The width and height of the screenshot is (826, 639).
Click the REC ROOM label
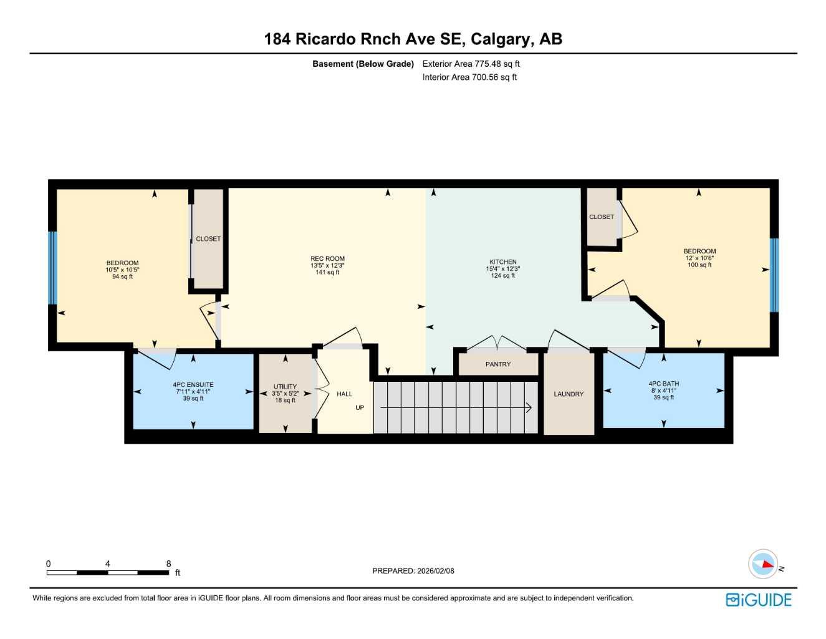point(327,258)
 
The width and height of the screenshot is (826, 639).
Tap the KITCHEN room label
point(502,262)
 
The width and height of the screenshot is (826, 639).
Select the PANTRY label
point(498,364)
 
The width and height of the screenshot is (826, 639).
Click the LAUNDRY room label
point(569,394)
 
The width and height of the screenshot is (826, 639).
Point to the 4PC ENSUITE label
point(193,385)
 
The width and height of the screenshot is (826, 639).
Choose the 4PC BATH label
point(663,384)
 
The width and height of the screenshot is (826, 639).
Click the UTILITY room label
point(285,387)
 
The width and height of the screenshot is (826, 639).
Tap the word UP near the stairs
point(360,408)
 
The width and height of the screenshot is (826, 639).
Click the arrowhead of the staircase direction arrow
point(528,408)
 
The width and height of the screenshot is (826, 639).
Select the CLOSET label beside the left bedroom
point(208,239)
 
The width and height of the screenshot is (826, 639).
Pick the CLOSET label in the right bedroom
point(602,217)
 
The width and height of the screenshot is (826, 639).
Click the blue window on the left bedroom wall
point(52,268)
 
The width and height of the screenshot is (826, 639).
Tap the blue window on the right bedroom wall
point(774,275)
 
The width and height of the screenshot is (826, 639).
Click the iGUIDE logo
point(759,600)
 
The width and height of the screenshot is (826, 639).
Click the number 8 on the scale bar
point(168,563)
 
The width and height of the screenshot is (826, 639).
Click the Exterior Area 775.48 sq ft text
point(471,64)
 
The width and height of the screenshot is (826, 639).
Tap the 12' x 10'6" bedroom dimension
point(699,258)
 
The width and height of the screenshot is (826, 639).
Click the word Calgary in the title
point(500,39)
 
